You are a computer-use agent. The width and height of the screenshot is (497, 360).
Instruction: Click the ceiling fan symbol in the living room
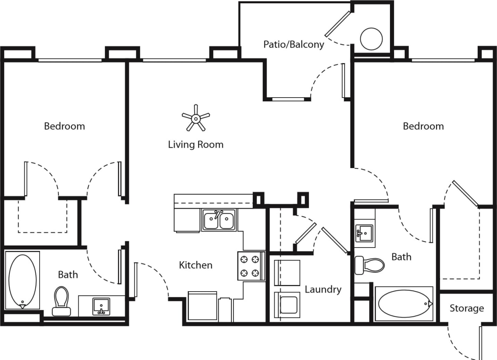(x=196, y=118)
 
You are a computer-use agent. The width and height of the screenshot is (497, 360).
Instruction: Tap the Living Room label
(x=196, y=145)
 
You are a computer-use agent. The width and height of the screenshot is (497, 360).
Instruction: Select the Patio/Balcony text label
(x=294, y=44)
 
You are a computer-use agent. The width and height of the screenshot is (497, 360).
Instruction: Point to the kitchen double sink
(x=218, y=220)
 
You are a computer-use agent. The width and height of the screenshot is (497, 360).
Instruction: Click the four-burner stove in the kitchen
(x=251, y=266)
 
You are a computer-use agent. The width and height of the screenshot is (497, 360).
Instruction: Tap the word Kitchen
(x=196, y=265)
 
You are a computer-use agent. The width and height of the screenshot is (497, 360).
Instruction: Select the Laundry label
(x=323, y=290)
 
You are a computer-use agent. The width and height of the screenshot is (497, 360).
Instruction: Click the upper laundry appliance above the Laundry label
(x=287, y=273)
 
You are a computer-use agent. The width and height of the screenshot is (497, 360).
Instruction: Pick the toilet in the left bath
(x=61, y=301)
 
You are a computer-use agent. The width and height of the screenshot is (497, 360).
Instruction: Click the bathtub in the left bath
(x=22, y=281)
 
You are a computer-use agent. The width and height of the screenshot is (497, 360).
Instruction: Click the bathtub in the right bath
(x=404, y=304)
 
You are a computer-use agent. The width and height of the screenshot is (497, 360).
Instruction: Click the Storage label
(x=466, y=308)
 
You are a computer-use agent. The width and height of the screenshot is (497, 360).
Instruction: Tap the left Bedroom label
(x=64, y=126)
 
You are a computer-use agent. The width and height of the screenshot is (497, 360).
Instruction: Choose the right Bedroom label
(x=423, y=126)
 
